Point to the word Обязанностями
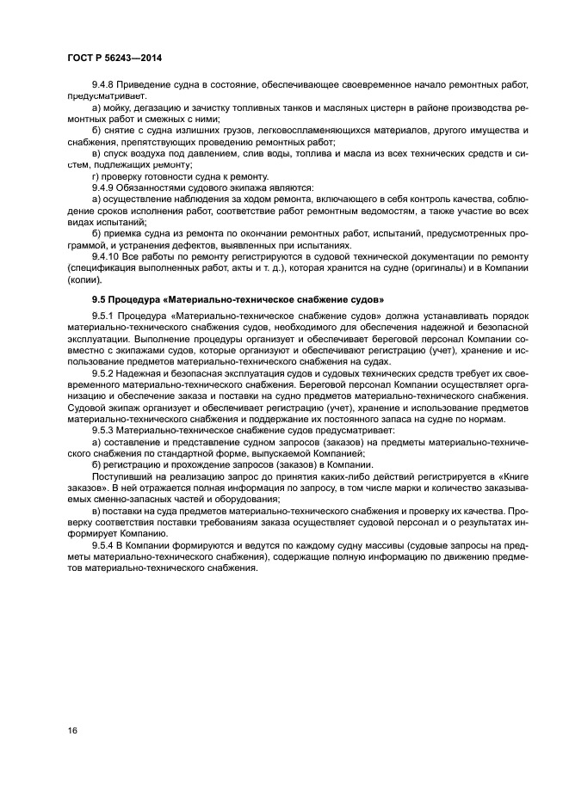[155, 187]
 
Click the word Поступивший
[120, 476]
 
